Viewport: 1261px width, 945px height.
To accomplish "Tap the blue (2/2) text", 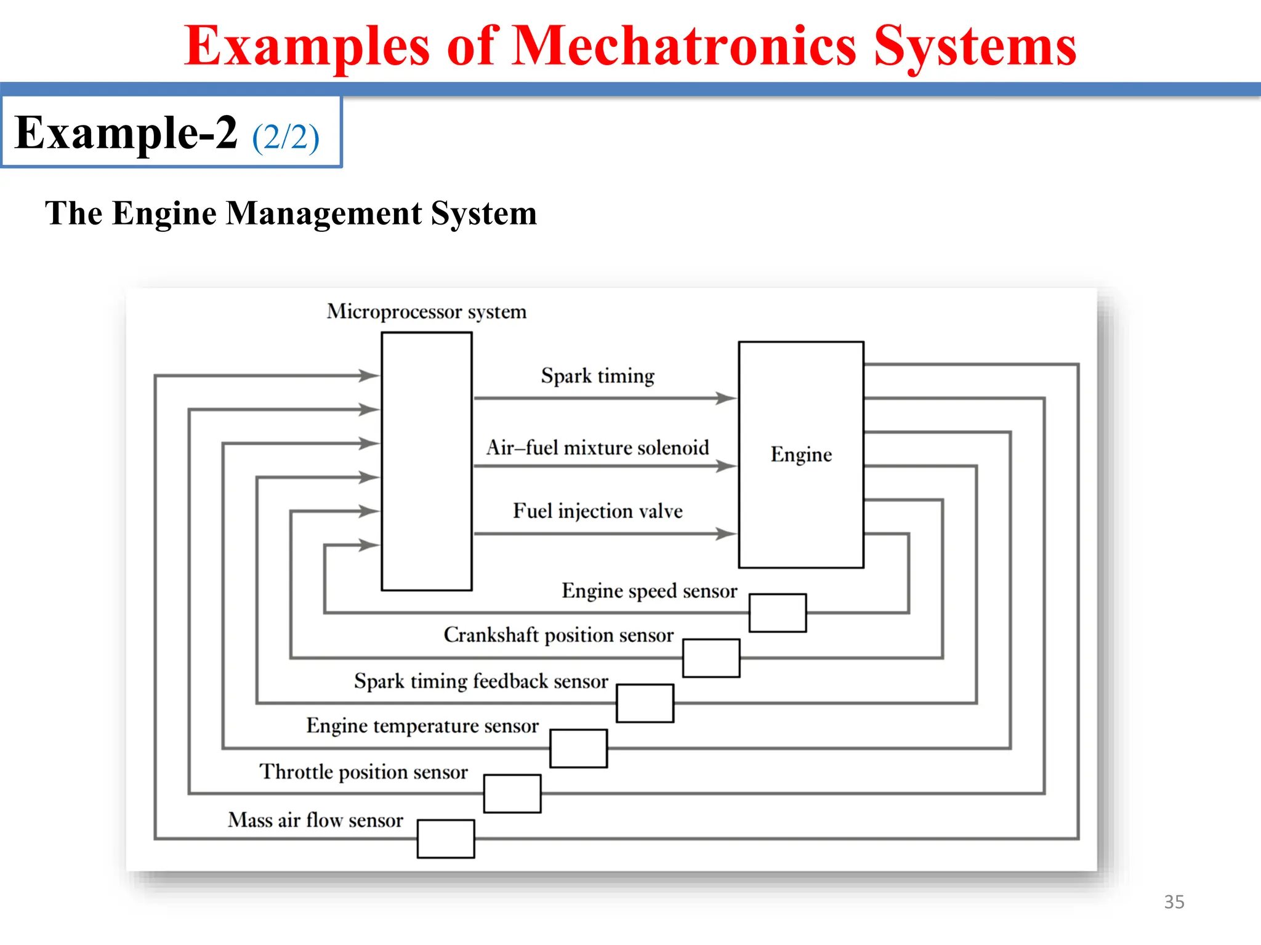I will [286, 137].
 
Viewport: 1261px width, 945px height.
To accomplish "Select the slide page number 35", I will [1174, 902].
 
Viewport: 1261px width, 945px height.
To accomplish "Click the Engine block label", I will [801, 455].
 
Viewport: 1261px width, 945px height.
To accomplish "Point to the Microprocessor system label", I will [427, 311].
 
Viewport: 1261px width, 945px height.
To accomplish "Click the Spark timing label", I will [597, 376].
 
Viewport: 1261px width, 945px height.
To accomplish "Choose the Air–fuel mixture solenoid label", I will [597, 447].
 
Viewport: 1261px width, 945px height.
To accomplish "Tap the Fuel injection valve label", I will [597, 511].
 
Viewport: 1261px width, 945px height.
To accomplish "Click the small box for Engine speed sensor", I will [778, 613].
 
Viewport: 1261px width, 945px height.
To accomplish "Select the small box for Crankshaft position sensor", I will [711, 658].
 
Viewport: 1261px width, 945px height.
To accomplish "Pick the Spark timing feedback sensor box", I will [645, 703].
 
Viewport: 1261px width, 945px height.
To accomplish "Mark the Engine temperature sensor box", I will [578, 748].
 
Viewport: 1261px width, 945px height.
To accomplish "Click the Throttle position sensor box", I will [512, 794].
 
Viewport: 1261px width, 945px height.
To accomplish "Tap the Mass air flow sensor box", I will [446, 839].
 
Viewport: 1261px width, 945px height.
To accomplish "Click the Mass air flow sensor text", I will [315, 820].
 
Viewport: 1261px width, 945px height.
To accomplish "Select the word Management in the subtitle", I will [324, 213].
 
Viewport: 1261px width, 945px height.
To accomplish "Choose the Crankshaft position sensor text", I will [558, 635].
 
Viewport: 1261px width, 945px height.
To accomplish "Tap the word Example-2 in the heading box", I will [126, 133].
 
